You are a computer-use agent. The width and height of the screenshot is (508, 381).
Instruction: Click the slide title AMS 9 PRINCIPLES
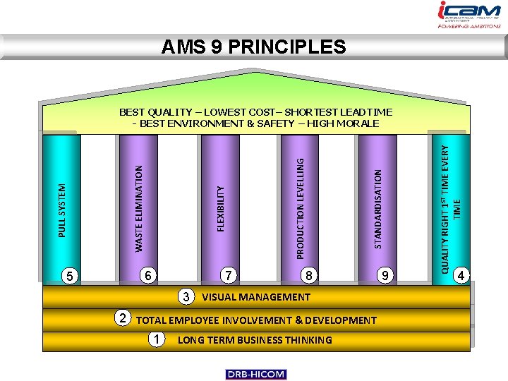(253, 47)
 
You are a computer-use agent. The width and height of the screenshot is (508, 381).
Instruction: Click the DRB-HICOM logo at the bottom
(255, 374)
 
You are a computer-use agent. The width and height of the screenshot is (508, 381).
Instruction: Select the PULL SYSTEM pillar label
(62, 210)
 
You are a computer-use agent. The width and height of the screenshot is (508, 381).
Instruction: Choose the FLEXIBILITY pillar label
(220, 207)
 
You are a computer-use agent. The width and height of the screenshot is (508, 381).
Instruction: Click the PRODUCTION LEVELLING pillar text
(300, 207)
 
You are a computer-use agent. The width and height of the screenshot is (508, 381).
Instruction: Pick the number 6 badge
(147, 275)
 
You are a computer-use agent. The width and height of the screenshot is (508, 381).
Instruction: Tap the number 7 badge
(228, 275)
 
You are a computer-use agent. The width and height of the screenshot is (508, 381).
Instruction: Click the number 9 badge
(385, 275)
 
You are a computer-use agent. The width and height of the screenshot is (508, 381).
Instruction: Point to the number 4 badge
(462, 275)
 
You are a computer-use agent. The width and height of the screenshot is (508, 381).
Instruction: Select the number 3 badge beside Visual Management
(186, 296)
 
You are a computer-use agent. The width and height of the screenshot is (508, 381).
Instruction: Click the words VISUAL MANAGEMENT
(256, 297)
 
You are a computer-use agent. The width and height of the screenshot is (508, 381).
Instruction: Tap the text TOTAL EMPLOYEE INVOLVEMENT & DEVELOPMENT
(256, 320)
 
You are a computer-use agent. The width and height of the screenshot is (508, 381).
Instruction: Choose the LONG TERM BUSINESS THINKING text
(255, 340)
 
